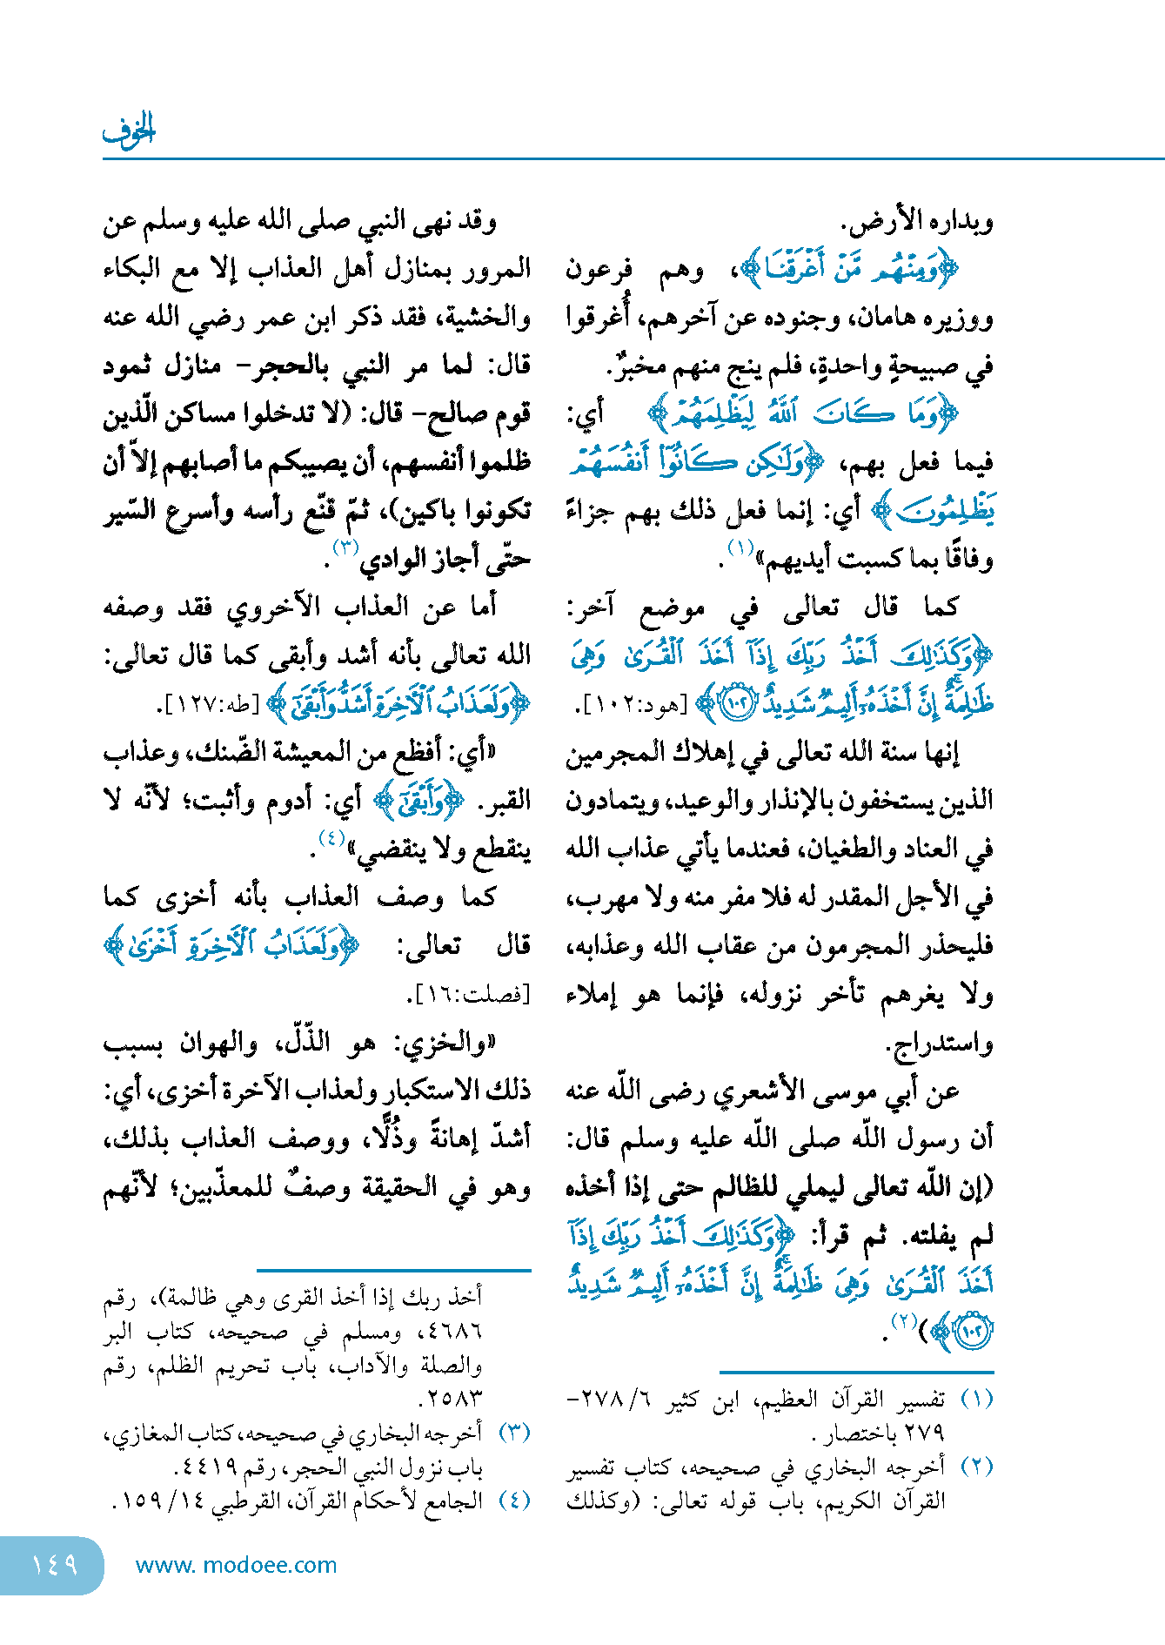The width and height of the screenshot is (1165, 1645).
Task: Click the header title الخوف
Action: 129,131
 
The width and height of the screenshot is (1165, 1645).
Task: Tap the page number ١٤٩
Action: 54,1565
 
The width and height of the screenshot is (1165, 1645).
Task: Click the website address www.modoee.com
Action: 236,1565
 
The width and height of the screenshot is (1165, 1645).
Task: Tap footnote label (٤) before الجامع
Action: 515,1500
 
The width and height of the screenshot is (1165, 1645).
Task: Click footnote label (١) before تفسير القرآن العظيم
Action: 977,1399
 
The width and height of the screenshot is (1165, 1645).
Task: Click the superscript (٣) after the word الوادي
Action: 345,548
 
